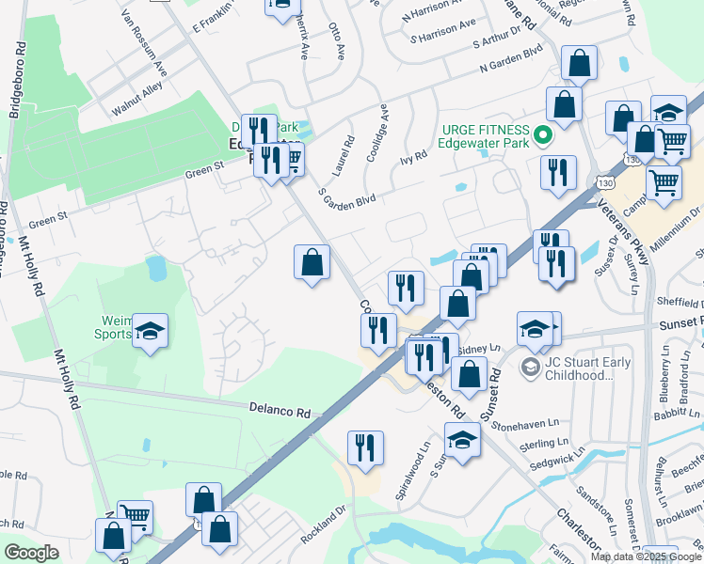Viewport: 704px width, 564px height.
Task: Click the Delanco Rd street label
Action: pyautogui.click(x=280, y=411)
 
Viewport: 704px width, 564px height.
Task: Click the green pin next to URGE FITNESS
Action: pyautogui.click(x=542, y=136)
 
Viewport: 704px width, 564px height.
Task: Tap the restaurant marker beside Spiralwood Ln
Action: pyautogui.click(x=365, y=447)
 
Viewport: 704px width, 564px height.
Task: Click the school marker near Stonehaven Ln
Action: pyautogui.click(x=462, y=440)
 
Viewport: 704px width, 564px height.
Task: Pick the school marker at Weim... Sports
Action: pyautogui.click(x=150, y=331)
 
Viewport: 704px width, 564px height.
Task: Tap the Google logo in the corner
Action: pyautogui.click(x=32, y=553)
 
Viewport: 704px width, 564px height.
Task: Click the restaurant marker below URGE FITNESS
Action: pyautogui.click(x=558, y=173)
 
